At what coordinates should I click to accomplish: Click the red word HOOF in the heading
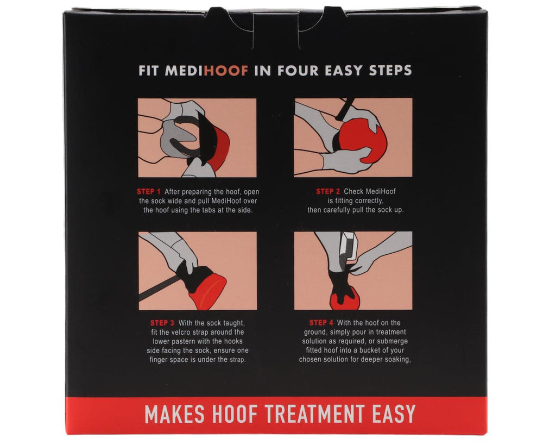pos(226,71)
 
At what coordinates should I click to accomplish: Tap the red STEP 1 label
pos(149,192)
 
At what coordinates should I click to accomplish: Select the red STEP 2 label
pos(328,192)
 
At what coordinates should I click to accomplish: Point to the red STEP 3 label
pos(162,323)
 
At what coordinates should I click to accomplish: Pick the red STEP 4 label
pos(321,323)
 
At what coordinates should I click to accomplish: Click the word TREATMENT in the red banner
pos(315,414)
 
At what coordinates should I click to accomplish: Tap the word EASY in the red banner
pos(394,414)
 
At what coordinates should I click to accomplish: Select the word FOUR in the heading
pos(298,71)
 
